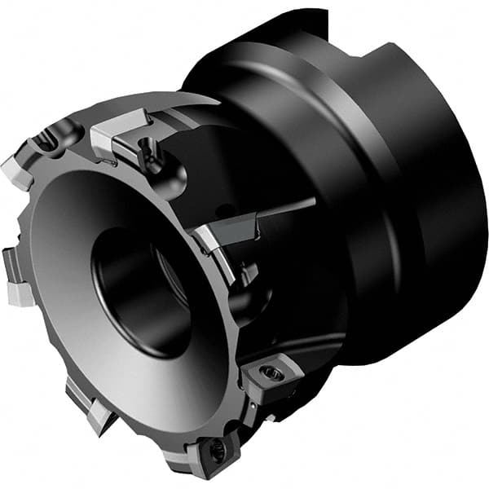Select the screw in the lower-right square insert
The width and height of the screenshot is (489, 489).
point(272,374)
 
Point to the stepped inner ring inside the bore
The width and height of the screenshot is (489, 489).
point(167,277)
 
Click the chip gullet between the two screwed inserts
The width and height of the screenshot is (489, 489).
point(244,416)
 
